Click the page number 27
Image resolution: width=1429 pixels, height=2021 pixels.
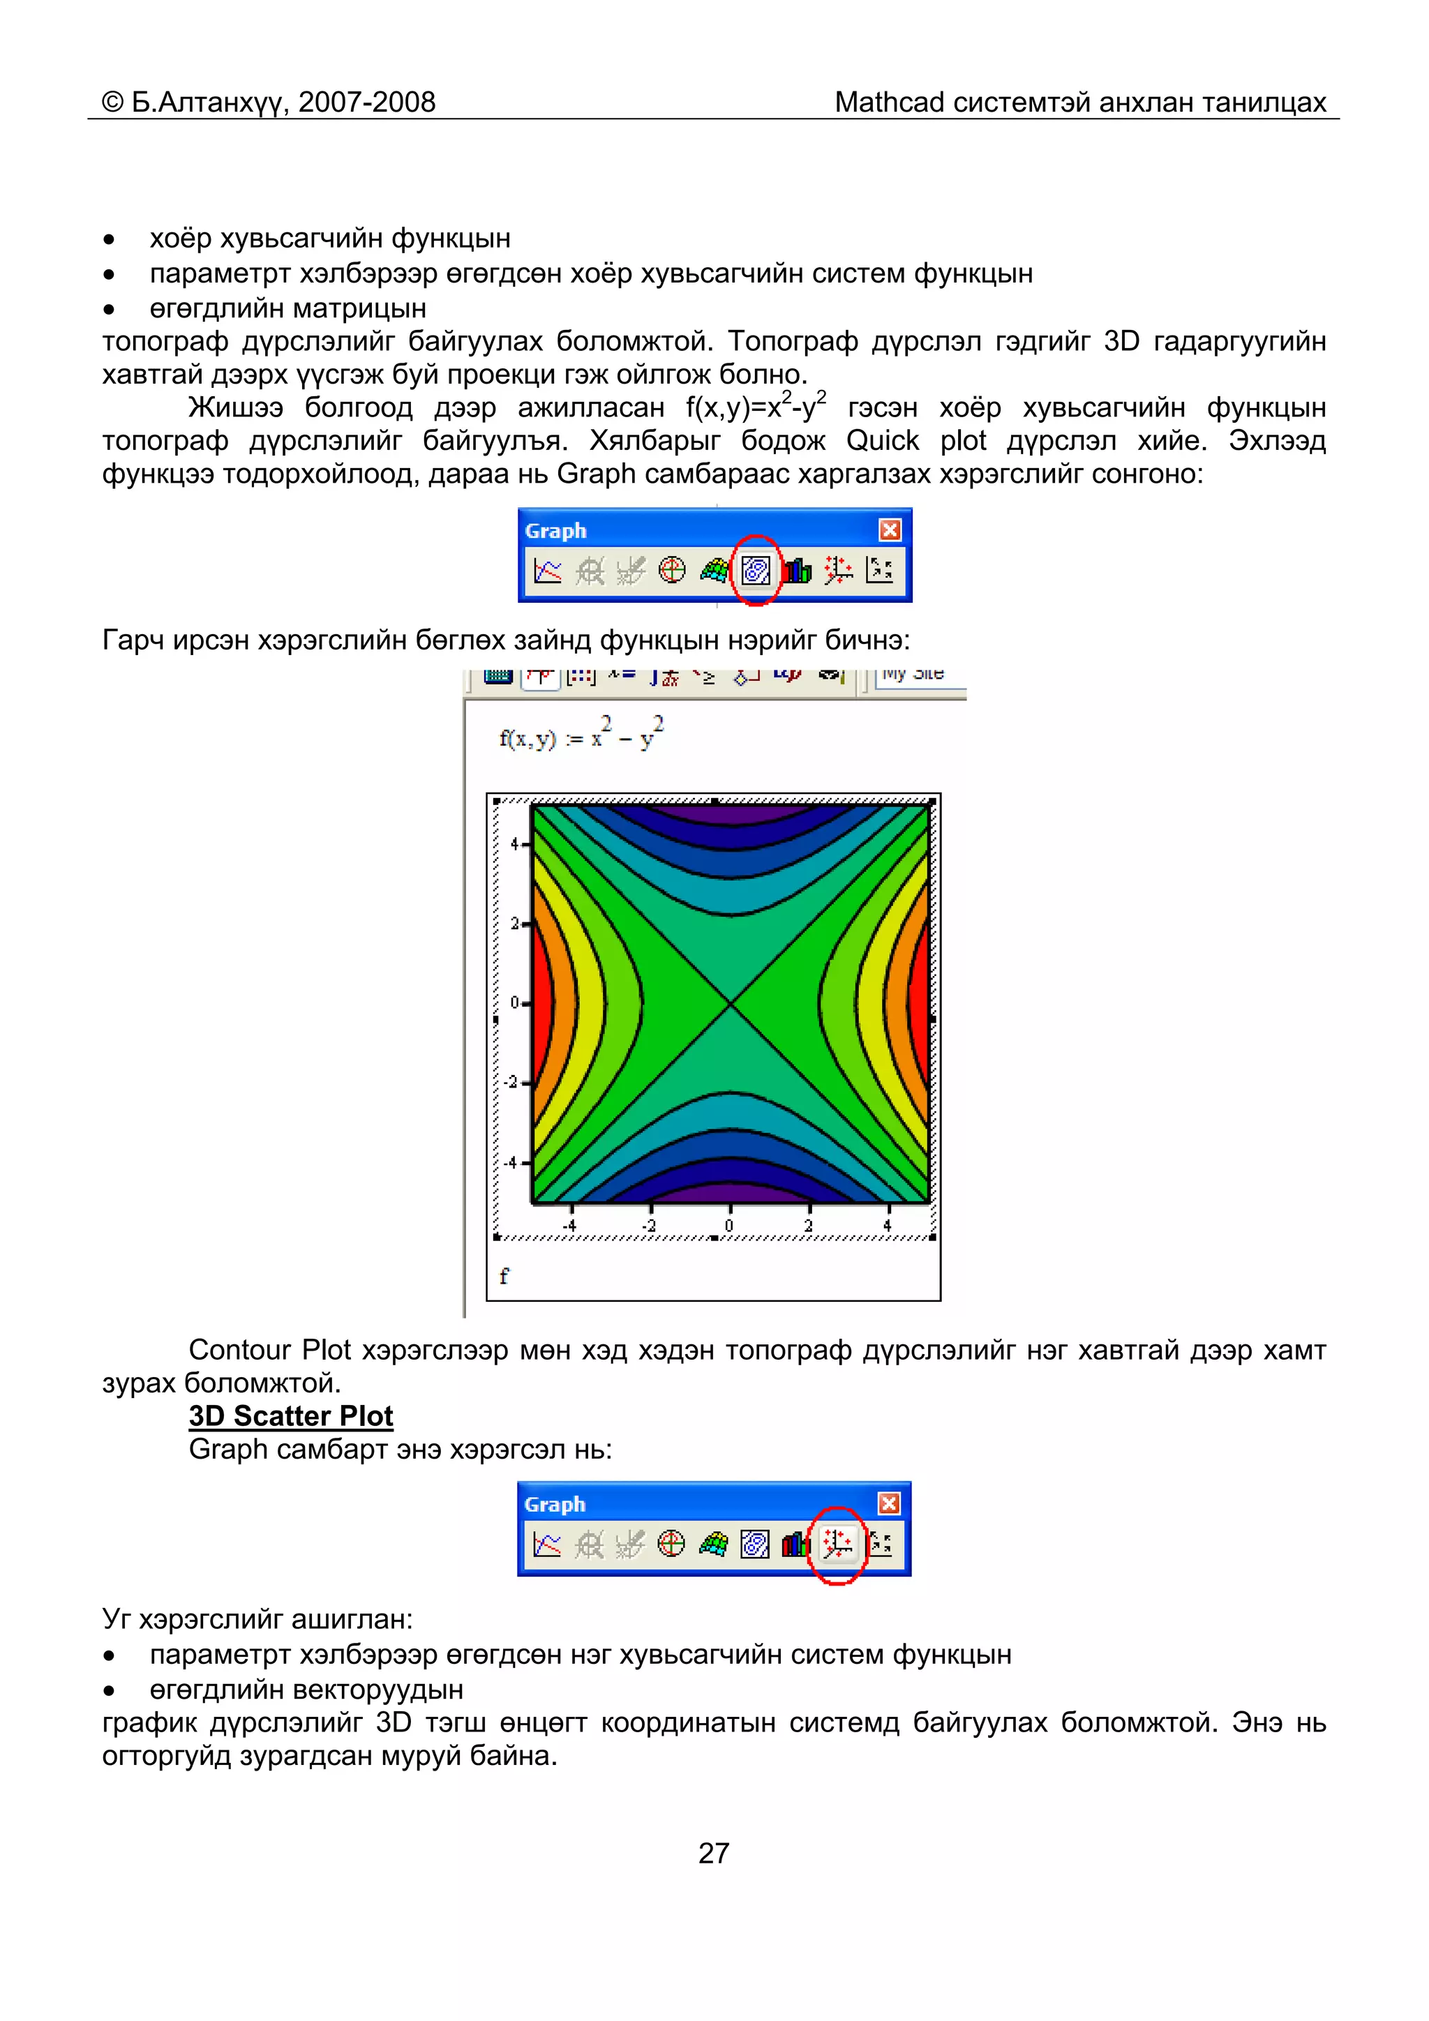(713, 1853)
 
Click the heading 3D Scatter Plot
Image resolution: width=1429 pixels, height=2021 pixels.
(290, 1415)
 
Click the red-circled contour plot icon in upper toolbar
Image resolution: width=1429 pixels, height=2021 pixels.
(756, 571)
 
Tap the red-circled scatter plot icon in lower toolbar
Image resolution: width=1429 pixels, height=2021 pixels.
(837, 1544)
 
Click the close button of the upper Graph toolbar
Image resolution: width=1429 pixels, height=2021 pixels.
(890, 530)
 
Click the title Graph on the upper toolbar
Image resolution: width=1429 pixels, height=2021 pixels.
(555, 531)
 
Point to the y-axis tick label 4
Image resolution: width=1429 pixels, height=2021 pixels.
(514, 844)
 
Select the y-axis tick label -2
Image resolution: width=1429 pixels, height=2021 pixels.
(511, 1083)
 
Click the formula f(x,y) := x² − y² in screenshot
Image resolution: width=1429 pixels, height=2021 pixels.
(581, 735)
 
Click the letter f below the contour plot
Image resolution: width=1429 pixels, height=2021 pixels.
(504, 1275)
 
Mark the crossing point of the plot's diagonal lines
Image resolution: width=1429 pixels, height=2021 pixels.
(730, 1002)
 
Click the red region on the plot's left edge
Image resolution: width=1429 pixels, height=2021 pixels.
(541, 1003)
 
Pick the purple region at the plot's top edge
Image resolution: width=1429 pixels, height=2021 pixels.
(730, 814)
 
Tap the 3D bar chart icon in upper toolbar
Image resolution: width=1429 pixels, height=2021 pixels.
(797, 571)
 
